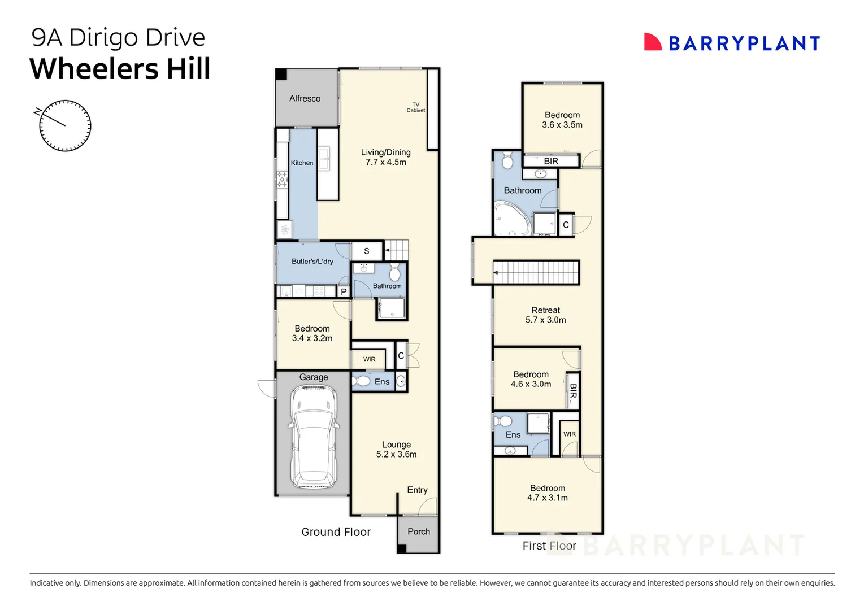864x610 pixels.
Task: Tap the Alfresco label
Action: point(305,98)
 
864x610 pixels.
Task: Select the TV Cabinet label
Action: point(415,107)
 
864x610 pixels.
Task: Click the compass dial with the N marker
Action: point(65,125)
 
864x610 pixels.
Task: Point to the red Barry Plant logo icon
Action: point(652,42)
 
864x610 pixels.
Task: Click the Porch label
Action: point(418,531)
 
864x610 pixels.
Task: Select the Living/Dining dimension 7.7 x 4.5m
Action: point(385,162)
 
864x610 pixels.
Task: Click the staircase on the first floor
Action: point(536,272)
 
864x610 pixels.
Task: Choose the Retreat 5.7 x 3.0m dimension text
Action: point(545,320)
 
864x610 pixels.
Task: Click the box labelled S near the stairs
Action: point(366,251)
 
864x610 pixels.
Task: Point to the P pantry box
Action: point(344,292)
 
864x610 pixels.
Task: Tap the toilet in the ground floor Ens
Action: point(361,381)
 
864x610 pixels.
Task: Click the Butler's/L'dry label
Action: point(312,262)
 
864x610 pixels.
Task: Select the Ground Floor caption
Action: point(336,532)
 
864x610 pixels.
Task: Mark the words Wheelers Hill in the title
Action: point(120,69)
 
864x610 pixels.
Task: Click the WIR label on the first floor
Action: point(569,434)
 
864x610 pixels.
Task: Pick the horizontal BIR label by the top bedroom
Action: point(550,161)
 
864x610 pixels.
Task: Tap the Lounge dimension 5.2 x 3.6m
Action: point(396,454)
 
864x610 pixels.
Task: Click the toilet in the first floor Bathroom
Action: point(507,161)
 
